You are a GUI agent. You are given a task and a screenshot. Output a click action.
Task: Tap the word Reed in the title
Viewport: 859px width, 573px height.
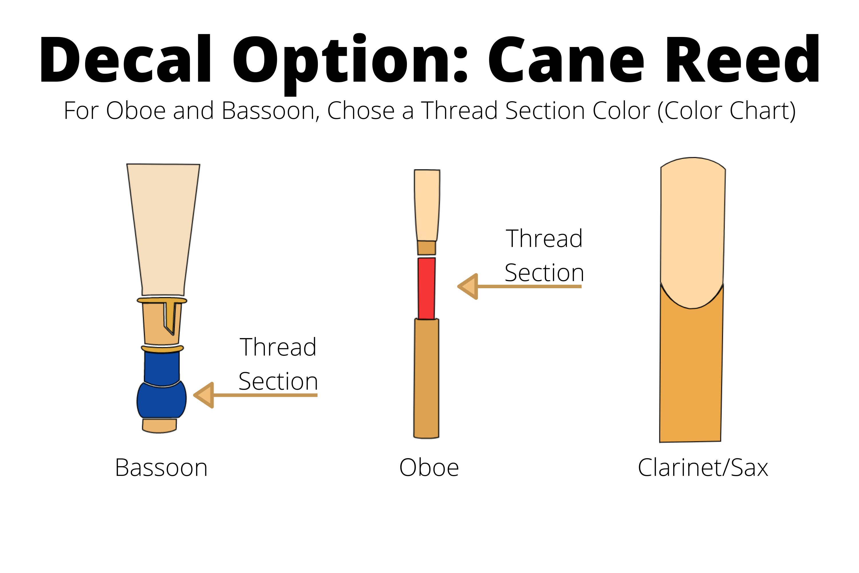click(x=741, y=59)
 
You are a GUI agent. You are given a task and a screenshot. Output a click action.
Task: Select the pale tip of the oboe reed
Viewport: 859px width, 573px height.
click(x=427, y=205)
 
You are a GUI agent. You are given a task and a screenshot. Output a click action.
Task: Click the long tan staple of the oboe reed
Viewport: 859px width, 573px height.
click(x=426, y=378)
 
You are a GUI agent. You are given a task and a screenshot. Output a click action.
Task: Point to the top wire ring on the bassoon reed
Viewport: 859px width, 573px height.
click(x=162, y=300)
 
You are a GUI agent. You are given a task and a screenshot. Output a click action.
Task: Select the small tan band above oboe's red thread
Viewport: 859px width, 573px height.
click(x=427, y=248)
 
